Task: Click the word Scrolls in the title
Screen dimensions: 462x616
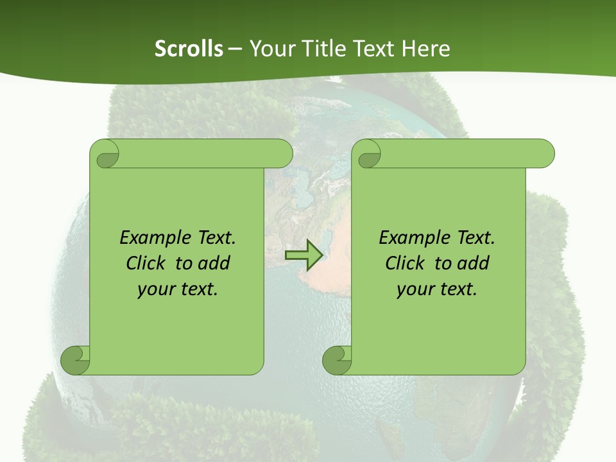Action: coord(189,48)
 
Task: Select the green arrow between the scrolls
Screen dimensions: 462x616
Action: coord(303,255)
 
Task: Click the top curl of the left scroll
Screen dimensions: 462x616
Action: coord(106,155)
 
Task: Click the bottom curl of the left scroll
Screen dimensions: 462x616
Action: coord(76,360)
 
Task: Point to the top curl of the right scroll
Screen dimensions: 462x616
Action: coord(368,155)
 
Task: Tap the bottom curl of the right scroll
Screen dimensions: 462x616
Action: coord(338,360)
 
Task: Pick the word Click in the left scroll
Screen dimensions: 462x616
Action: coord(148,263)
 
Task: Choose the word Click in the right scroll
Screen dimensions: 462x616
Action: coord(407,263)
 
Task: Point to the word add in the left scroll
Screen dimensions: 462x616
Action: coord(214,263)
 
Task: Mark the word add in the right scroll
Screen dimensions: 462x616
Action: coord(473,263)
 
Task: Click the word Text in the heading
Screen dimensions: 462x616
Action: coord(375,48)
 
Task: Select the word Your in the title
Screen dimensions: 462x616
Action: coord(269,48)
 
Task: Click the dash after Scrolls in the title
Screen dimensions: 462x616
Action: coord(235,49)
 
